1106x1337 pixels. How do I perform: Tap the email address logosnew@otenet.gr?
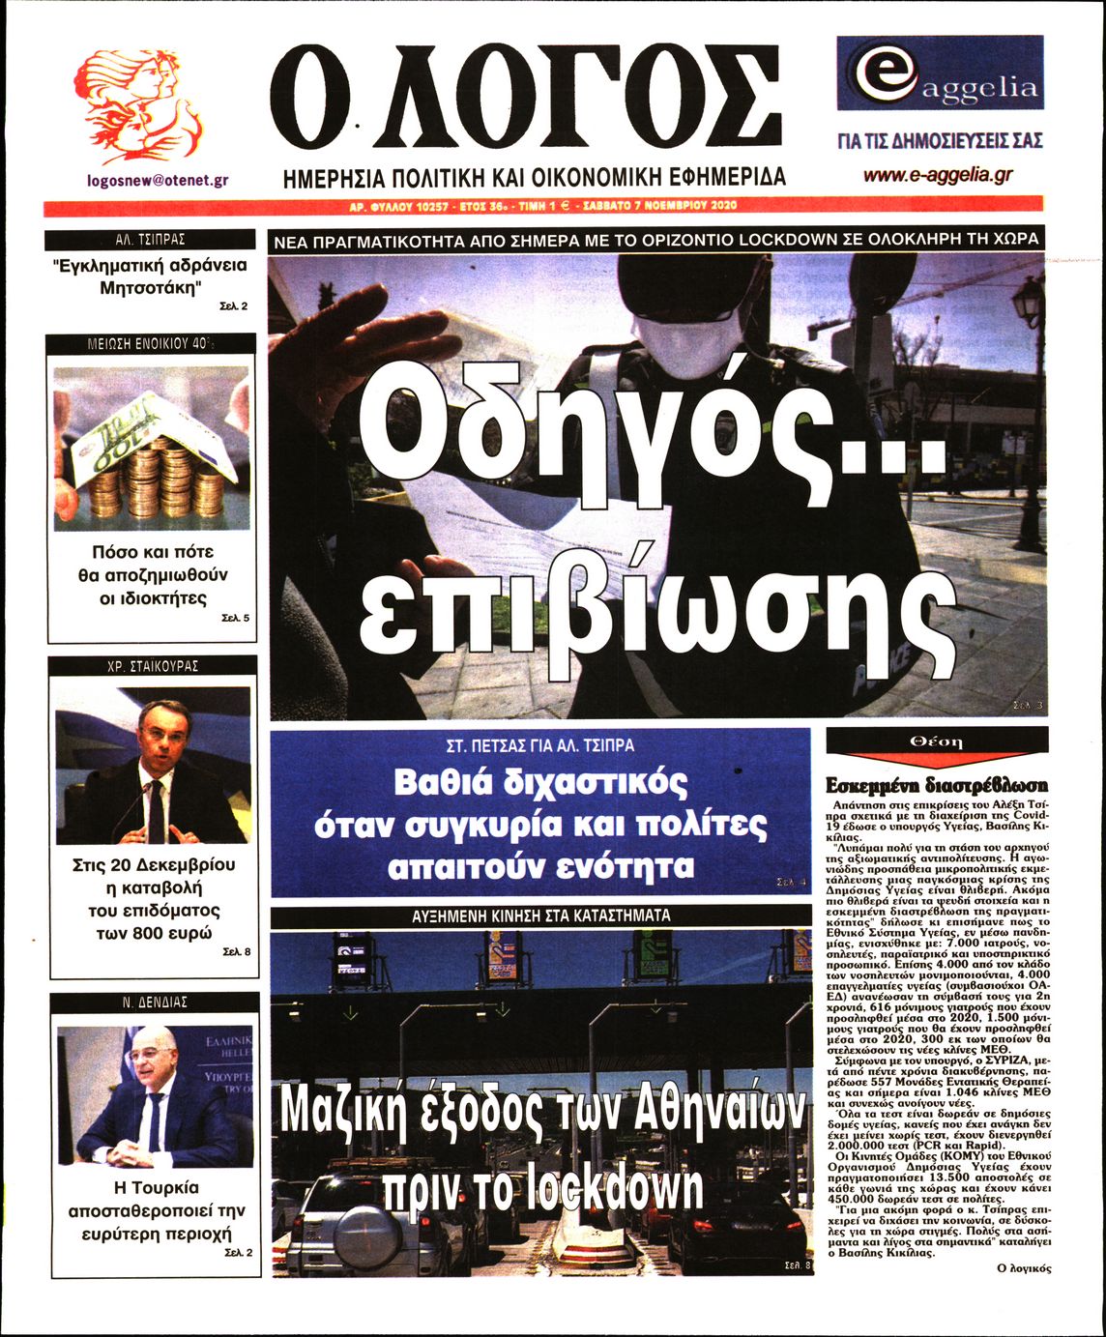[158, 180]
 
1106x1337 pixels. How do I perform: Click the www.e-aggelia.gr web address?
[938, 175]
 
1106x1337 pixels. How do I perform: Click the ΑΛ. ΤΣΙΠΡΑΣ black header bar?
[150, 240]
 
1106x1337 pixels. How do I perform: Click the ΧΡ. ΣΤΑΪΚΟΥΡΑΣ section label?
[153, 666]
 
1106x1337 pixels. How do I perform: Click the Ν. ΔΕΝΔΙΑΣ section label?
[155, 1003]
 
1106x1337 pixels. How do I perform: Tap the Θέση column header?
[936, 741]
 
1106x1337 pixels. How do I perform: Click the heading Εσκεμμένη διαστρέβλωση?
[936, 786]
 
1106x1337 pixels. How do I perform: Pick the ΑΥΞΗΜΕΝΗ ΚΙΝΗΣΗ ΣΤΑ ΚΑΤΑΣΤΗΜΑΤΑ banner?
[541, 915]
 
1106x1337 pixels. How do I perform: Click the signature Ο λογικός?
[1023, 1267]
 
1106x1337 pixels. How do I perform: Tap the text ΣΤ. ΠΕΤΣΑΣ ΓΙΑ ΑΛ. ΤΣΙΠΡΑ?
[540, 746]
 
